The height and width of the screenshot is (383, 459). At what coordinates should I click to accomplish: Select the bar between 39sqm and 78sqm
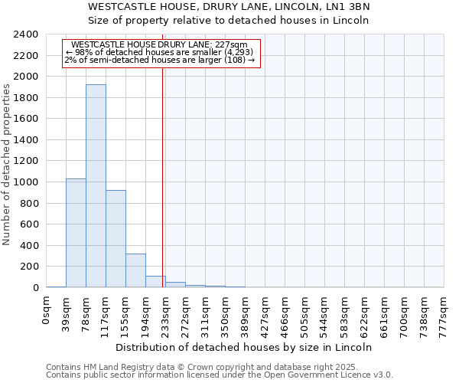(76, 233)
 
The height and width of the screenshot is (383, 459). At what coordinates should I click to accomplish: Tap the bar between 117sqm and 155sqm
(116, 238)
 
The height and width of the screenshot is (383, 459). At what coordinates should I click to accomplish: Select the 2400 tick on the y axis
(24, 35)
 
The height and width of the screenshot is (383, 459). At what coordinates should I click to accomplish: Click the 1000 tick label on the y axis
(24, 182)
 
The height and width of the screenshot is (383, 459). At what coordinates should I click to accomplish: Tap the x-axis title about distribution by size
(245, 347)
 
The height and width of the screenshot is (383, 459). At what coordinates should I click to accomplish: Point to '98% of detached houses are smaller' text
(161, 52)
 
